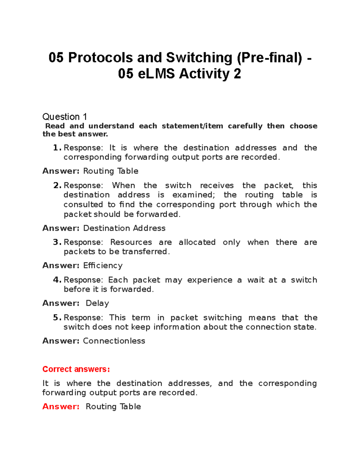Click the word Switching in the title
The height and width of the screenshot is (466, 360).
199,58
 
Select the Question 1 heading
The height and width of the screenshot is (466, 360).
64,116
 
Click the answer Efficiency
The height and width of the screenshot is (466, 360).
103,266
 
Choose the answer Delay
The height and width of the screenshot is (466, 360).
97,303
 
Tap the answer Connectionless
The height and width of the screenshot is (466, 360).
114,341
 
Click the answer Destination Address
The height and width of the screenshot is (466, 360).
124,228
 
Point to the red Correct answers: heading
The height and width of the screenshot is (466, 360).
76,369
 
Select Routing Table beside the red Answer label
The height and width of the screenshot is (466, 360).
113,407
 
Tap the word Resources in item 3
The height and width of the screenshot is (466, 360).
131,242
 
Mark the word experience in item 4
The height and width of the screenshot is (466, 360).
210,280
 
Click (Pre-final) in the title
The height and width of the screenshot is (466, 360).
270,58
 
